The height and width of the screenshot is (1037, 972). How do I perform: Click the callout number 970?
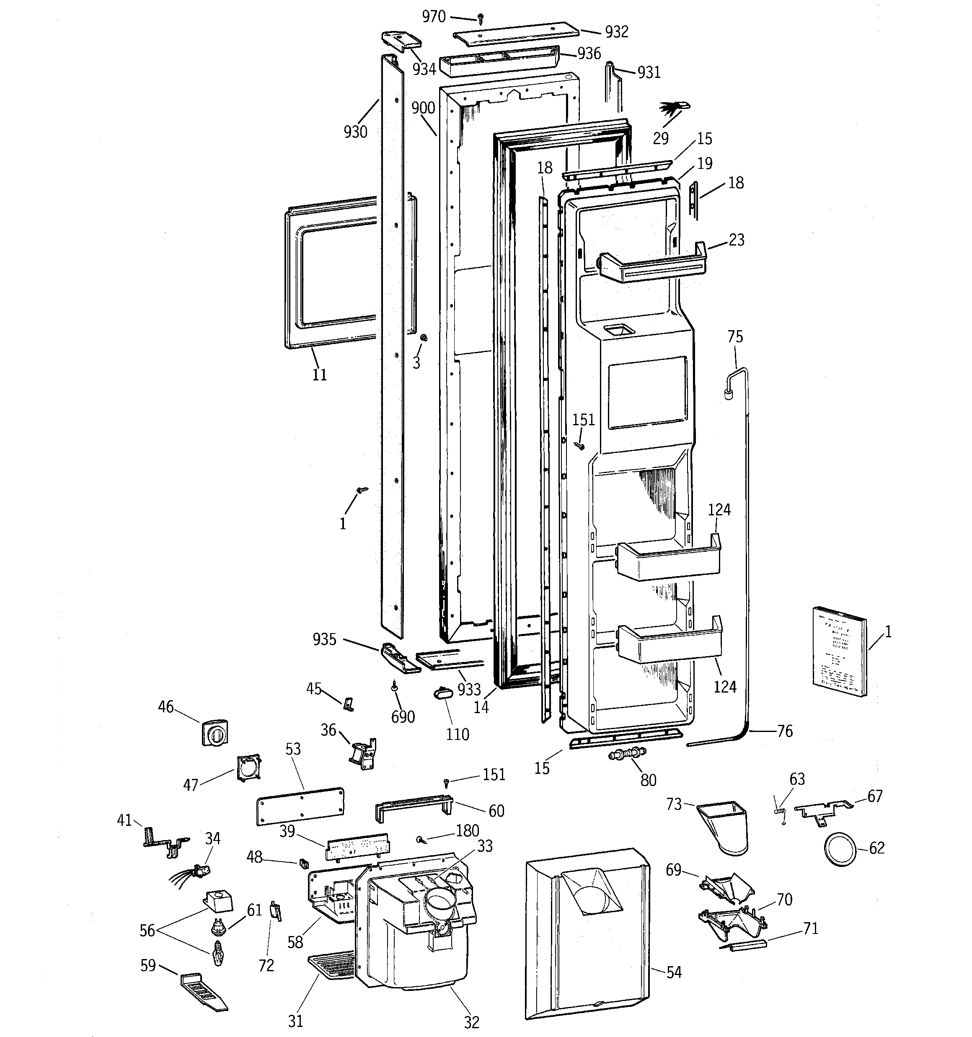pyautogui.click(x=434, y=17)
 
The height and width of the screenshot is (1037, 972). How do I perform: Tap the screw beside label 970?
pyautogui.click(x=481, y=19)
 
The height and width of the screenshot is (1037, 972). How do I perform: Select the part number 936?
pyautogui.click(x=589, y=53)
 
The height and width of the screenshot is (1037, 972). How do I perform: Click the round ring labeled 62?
pyautogui.click(x=840, y=849)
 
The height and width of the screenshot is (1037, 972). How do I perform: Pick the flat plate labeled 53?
pyautogui.click(x=300, y=806)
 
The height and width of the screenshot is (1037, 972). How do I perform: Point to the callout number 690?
pyautogui.click(x=403, y=717)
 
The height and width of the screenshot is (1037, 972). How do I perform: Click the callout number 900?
pyautogui.click(x=423, y=108)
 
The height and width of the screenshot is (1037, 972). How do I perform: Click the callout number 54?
pyautogui.click(x=674, y=972)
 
